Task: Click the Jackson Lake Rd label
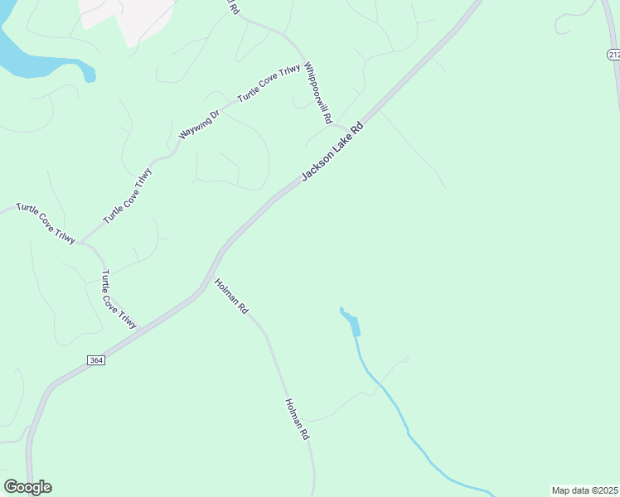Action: [x=332, y=152]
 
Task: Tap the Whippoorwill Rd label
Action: [x=317, y=93]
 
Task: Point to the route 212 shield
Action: [x=613, y=55]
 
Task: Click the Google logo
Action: [x=27, y=487]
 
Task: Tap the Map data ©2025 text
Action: [x=584, y=490]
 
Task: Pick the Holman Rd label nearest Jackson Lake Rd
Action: [x=231, y=296]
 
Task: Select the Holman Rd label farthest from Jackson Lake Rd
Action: [x=297, y=419]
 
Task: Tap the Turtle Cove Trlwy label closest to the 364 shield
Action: [x=119, y=299]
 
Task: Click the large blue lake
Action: [x=33, y=58]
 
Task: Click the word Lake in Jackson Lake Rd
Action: [x=336, y=149]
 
